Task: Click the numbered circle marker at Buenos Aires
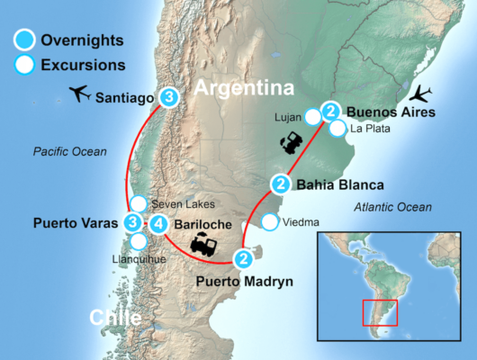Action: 331,112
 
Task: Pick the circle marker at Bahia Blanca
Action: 281,185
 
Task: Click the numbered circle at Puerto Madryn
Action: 243,260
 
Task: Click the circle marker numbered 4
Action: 157,223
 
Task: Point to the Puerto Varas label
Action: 76,221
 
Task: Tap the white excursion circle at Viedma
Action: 268,222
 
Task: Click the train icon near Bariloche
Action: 202,245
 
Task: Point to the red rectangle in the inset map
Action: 379,312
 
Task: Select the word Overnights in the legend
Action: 82,40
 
